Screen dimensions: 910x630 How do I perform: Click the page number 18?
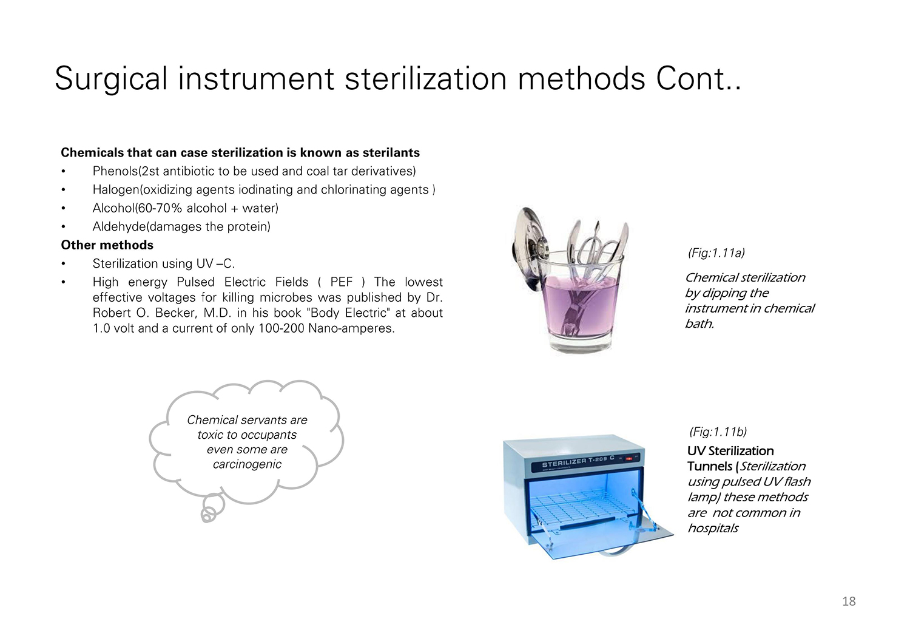(x=849, y=601)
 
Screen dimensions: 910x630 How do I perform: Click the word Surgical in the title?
(x=111, y=79)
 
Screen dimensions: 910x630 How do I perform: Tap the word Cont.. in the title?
(x=698, y=79)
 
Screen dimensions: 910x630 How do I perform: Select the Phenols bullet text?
(x=254, y=171)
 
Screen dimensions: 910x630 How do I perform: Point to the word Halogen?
(x=116, y=190)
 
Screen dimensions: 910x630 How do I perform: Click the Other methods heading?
(x=107, y=245)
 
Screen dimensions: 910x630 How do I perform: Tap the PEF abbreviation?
(x=341, y=282)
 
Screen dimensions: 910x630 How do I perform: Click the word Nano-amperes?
(x=351, y=328)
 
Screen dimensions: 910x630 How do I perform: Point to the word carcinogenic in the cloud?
(x=247, y=464)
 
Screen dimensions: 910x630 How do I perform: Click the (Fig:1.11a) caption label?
(x=716, y=253)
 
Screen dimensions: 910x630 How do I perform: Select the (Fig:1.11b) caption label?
(x=718, y=432)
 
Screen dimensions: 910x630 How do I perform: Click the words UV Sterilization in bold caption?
(x=730, y=451)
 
